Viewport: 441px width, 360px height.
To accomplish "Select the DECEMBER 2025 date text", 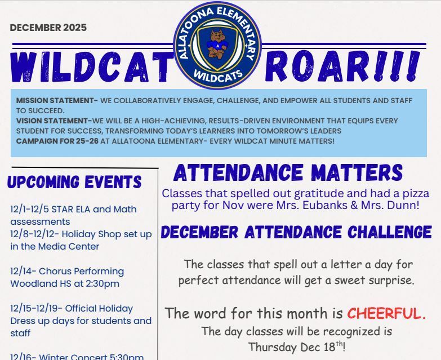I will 48,28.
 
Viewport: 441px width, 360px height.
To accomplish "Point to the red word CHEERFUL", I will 386,313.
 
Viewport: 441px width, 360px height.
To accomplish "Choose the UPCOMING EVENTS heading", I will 74,182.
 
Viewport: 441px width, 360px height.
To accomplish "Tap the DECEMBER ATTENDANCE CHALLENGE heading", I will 296,232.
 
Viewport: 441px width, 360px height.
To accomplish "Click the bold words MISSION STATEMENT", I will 57,101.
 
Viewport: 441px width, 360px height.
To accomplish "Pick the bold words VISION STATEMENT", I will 54,121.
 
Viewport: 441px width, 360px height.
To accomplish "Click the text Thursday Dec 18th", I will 296,346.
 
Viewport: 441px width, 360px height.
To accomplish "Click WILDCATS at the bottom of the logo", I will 217,74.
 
